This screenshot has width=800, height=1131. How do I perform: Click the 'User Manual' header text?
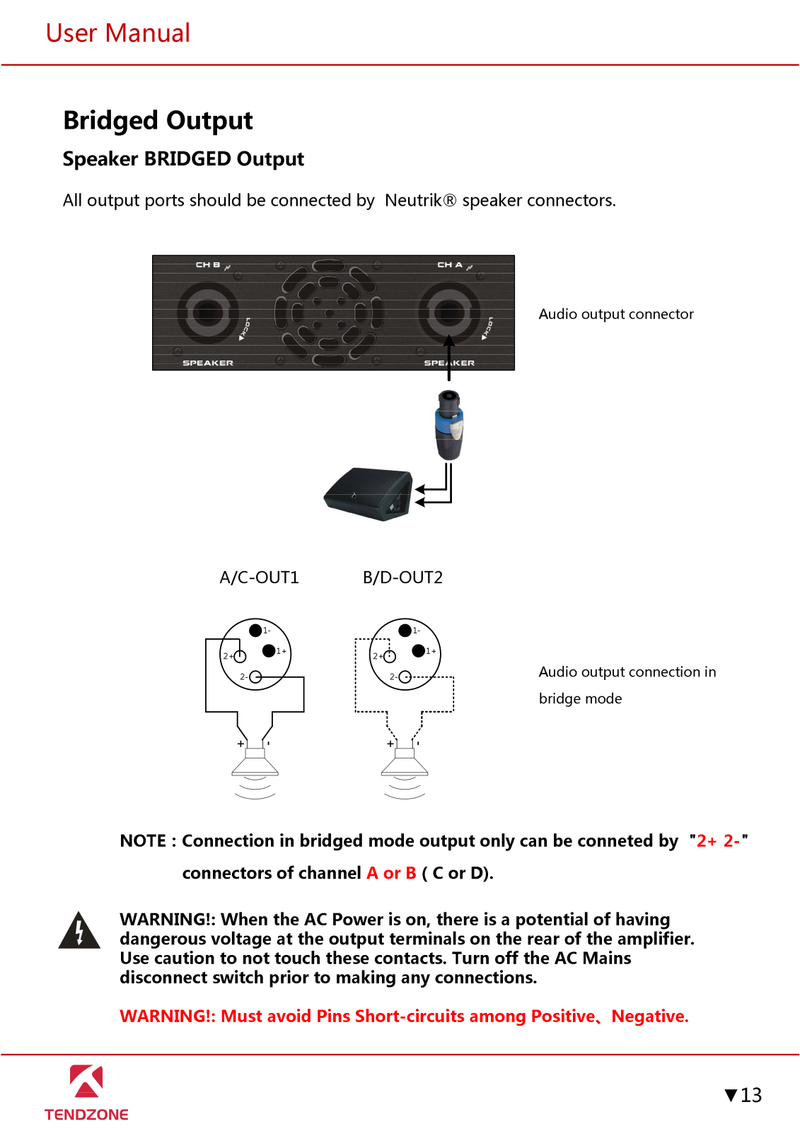(118, 33)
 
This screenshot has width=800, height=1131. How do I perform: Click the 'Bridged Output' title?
(158, 120)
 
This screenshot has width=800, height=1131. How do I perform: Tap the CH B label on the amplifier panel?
(208, 265)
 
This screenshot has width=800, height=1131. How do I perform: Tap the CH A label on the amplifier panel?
(450, 265)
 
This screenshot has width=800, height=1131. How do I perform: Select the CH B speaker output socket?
(208, 312)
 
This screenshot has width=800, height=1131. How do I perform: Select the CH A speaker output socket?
(449, 312)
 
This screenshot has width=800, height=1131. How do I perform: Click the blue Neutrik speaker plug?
(448, 425)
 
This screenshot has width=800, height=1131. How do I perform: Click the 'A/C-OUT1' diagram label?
(259, 578)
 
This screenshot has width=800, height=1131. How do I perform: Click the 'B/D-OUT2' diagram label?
(402, 578)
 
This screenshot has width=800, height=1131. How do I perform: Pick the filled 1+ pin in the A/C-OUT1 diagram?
(269, 650)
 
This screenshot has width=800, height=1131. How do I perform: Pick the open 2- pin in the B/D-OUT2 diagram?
(405, 677)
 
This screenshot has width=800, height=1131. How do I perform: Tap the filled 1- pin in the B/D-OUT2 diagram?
(405, 630)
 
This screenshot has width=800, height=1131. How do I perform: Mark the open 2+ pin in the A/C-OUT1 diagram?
(240, 656)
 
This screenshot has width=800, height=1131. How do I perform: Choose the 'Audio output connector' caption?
(615, 314)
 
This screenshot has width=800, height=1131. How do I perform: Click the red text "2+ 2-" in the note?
(718, 840)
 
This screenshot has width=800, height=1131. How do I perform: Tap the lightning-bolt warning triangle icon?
(79, 931)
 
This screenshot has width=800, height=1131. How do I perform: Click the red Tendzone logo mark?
(86, 1082)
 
